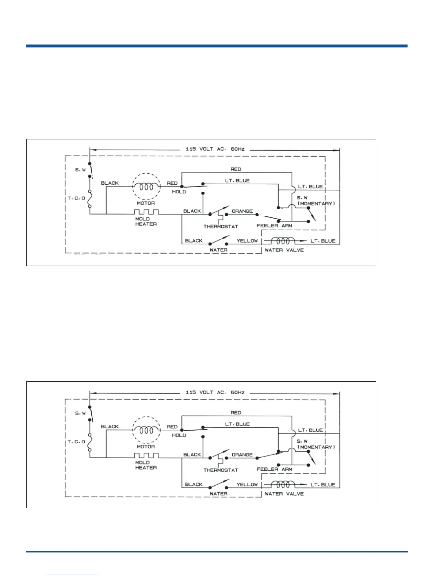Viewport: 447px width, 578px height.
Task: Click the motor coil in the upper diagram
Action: pos(146,186)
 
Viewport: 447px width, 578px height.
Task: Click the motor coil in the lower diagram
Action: pos(146,430)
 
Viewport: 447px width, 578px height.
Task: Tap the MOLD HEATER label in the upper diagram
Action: pos(146,221)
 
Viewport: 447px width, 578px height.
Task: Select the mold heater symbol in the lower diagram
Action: pos(146,455)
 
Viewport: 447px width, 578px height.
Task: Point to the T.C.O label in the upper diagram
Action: pos(76,198)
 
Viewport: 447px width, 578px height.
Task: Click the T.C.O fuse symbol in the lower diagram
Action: pos(90,442)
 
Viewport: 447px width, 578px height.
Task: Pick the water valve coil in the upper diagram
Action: pos(282,241)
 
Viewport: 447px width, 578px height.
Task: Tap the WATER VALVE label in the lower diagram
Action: pos(284,494)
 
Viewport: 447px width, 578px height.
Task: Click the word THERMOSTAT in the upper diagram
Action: pos(221,227)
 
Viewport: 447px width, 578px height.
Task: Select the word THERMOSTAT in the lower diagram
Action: pos(221,470)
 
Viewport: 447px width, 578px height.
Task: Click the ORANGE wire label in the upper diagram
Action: pos(242,211)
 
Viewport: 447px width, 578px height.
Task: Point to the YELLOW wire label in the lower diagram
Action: pos(247,484)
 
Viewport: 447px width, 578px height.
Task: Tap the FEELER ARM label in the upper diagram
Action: pos(274,226)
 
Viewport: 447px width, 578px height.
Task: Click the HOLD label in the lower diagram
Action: pos(179,435)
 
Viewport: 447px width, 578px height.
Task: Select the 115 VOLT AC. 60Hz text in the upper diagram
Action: pos(215,149)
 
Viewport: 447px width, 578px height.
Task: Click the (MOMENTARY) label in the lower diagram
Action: pos(316,447)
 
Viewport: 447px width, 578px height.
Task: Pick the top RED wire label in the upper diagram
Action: pos(236,169)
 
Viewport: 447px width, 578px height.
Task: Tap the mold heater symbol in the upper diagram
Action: pos(146,212)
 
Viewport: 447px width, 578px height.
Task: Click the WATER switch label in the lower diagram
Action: pos(218,494)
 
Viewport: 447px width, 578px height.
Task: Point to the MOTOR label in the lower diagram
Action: pos(146,446)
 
